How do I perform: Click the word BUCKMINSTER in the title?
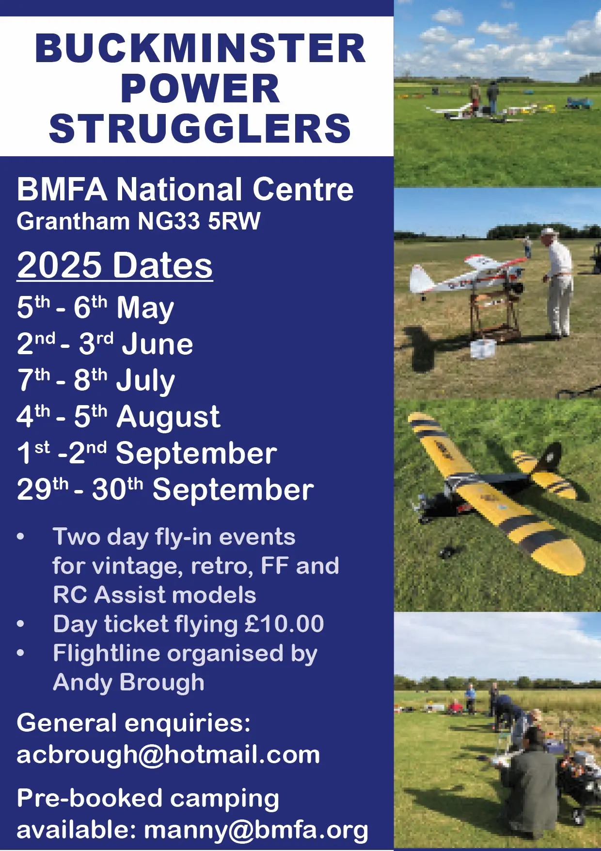(x=200, y=49)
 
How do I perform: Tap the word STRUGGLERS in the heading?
(x=200, y=129)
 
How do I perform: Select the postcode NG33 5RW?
(x=199, y=221)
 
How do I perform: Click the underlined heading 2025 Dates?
(x=115, y=265)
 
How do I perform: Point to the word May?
(x=145, y=308)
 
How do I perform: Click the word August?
(x=168, y=417)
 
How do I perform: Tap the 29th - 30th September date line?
(x=165, y=489)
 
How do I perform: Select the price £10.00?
(x=285, y=624)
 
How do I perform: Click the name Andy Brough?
(x=129, y=683)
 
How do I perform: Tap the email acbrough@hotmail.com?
(x=168, y=755)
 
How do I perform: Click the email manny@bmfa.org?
(x=256, y=830)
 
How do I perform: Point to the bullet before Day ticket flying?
(x=20, y=624)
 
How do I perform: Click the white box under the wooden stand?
(x=483, y=348)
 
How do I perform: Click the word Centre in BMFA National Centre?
(x=303, y=189)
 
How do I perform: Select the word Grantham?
(x=73, y=221)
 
